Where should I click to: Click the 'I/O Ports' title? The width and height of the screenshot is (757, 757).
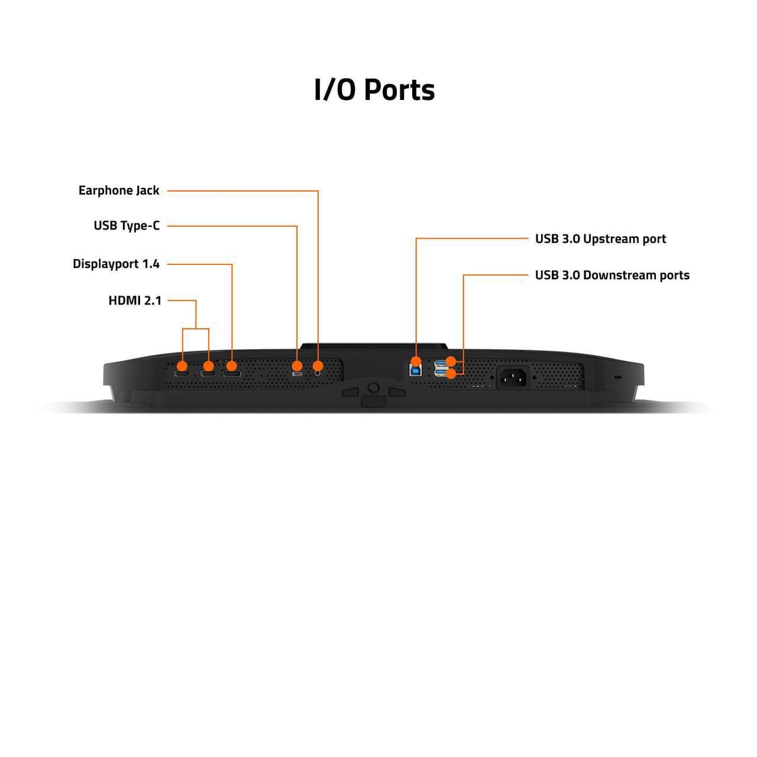(374, 90)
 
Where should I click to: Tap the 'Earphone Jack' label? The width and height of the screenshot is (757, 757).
(119, 190)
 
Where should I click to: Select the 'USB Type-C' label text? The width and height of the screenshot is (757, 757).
(127, 226)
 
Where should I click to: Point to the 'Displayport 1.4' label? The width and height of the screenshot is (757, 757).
(117, 264)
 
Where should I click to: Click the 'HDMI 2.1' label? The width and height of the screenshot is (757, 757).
(135, 300)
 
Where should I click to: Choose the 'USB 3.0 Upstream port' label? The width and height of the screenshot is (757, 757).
(601, 239)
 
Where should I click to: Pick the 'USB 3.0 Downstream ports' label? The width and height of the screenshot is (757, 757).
(612, 276)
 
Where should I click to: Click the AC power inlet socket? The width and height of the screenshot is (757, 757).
(513, 377)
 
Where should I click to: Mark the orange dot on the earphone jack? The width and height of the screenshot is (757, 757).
(318, 366)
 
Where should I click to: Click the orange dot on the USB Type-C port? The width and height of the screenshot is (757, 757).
(297, 366)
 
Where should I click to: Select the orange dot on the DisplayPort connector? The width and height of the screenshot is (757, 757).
(232, 366)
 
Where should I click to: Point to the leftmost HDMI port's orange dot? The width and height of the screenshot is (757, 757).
(182, 366)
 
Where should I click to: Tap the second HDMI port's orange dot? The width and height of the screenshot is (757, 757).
(208, 366)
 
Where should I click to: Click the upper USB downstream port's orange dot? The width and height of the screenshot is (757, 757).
(451, 361)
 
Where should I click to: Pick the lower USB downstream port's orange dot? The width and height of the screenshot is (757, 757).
(451, 374)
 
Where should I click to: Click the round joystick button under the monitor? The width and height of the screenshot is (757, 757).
(373, 388)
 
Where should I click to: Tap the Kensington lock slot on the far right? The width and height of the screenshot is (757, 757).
(618, 377)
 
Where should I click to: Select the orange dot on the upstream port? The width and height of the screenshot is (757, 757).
(416, 361)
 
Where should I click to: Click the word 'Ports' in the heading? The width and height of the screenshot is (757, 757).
(400, 90)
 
